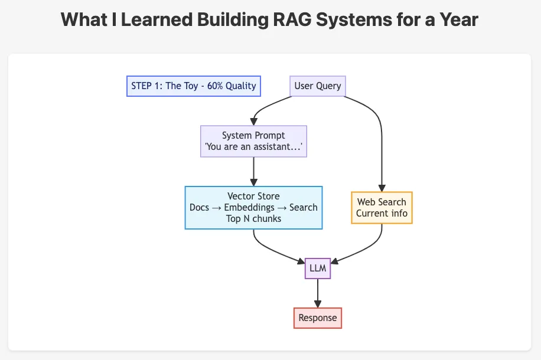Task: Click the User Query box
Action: (x=318, y=86)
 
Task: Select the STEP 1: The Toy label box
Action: (x=194, y=86)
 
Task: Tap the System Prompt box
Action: (x=253, y=141)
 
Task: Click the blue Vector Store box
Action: (x=253, y=208)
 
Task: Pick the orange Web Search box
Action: (x=382, y=208)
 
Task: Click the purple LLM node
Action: (x=318, y=269)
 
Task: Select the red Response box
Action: (x=318, y=318)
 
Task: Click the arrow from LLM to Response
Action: (x=318, y=293)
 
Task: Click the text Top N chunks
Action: (x=253, y=219)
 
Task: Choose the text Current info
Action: (x=382, y=214)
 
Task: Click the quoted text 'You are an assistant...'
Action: (x=253, y=147)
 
